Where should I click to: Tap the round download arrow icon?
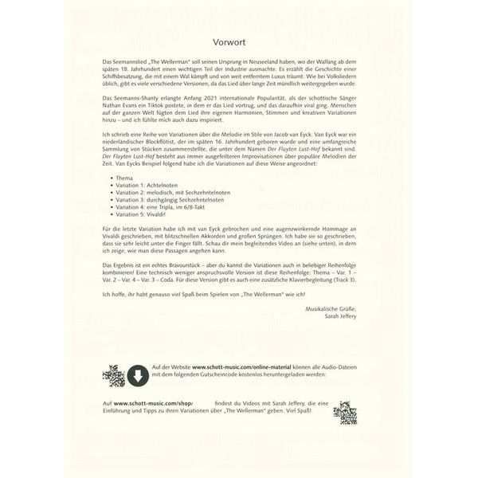coord(136,374)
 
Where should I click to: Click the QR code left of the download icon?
coord(114,374)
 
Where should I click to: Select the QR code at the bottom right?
coord(344,413)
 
